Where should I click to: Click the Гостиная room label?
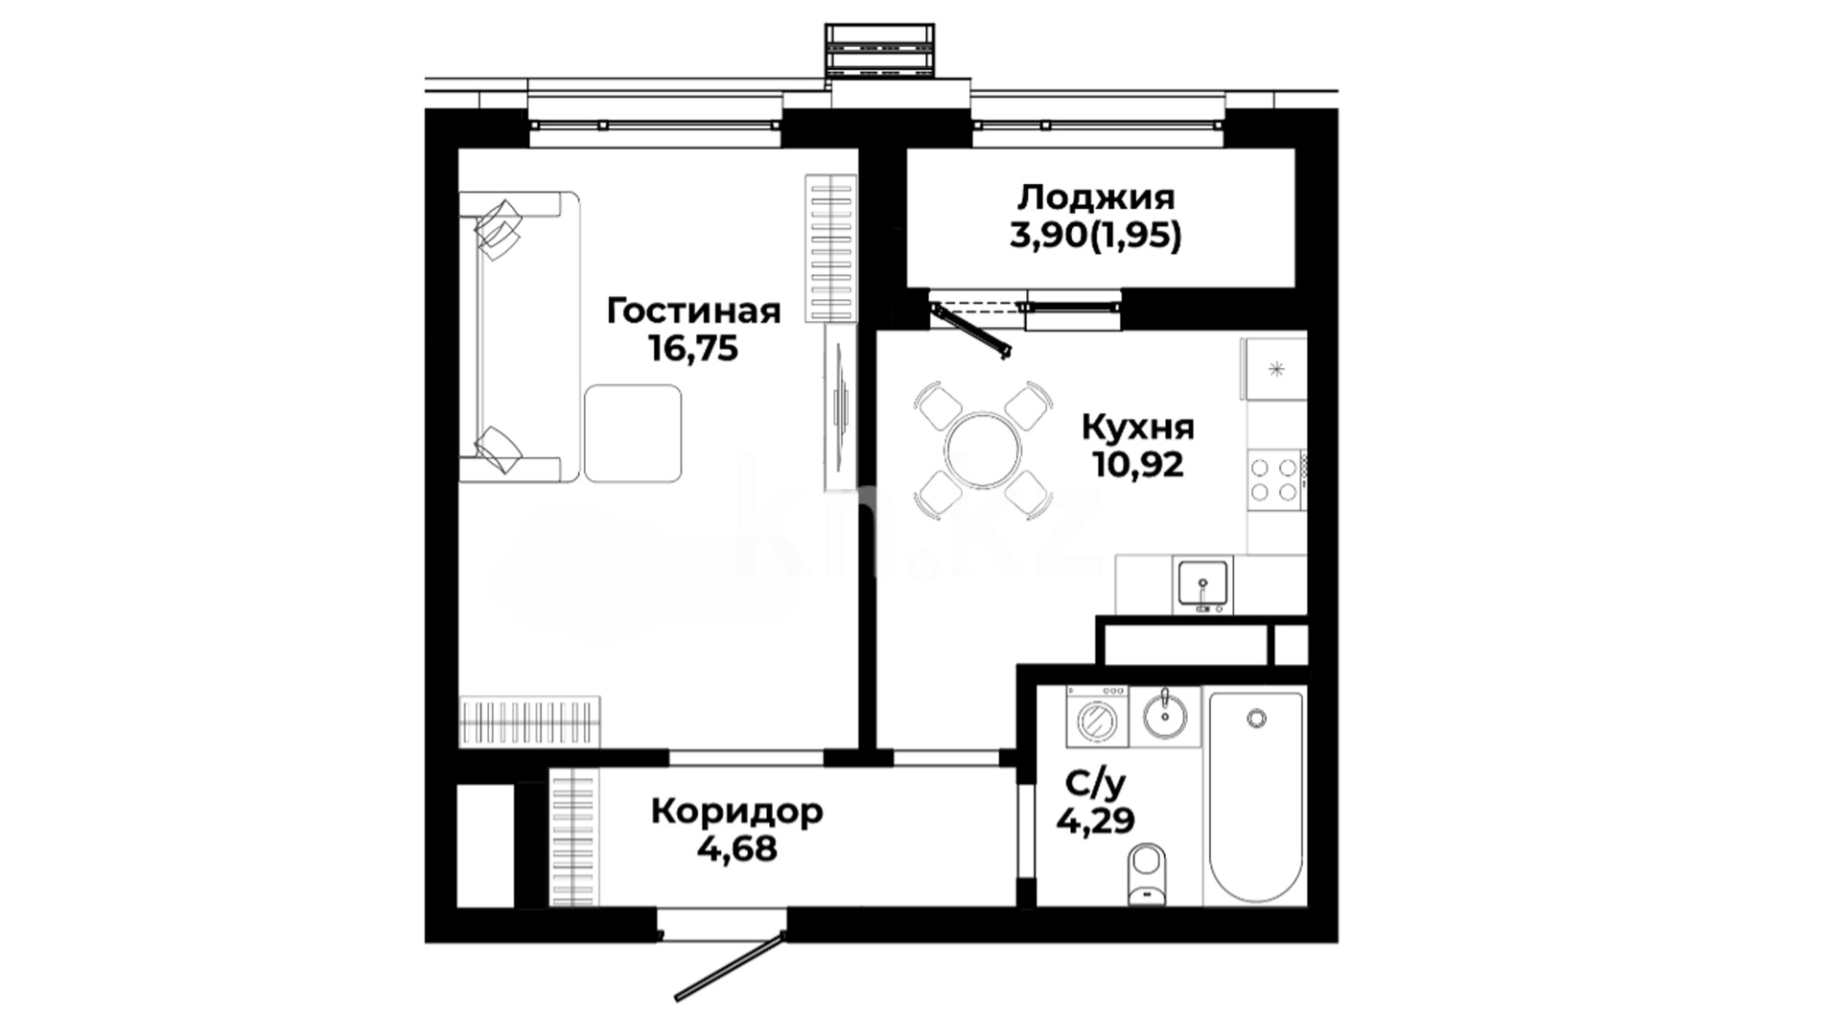pyautogui.click(x=694, y=311)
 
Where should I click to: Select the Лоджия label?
pyautogui.click(x=1096, y=198)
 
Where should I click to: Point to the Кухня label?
pyautogui.click(x=1138, y=427)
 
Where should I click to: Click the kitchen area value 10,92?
pyautogui.click(x=1138, y=465)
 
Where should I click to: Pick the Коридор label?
pyautogui.click(x=736, y=812)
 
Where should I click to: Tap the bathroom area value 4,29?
pyautogui.click(x=1095, y=820)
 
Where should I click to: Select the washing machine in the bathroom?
pyautogui.click(x=1098, y=717)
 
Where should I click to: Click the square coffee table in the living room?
pyautogui.click(x=633, y=433)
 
